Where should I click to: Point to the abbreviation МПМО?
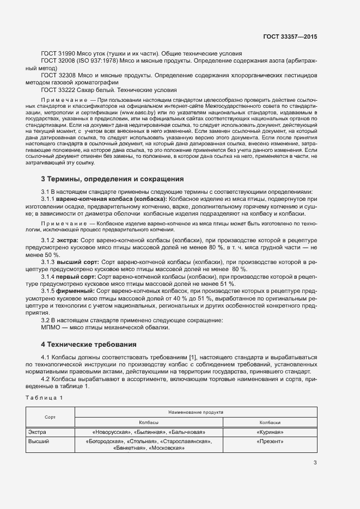51,327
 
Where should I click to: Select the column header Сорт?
50,417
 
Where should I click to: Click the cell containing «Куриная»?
270,432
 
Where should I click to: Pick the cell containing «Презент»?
270,441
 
